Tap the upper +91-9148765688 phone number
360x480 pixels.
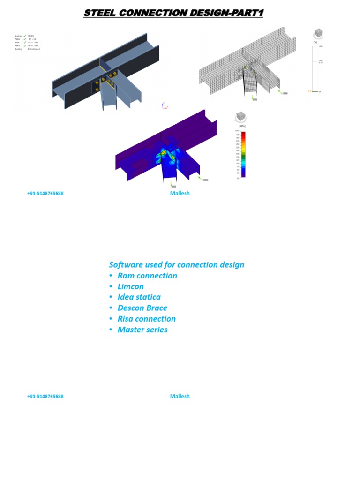45,193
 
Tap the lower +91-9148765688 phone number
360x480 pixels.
45,396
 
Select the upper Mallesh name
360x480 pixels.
180,193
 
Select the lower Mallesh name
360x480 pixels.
180,396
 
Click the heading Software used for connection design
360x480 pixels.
176,264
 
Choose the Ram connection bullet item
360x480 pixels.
147,276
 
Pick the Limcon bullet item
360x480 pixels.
131,286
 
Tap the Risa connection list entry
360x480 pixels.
147,319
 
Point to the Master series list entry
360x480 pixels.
142,330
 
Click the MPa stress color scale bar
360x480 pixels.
243,154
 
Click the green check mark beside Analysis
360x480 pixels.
25,36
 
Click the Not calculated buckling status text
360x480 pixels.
34,49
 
